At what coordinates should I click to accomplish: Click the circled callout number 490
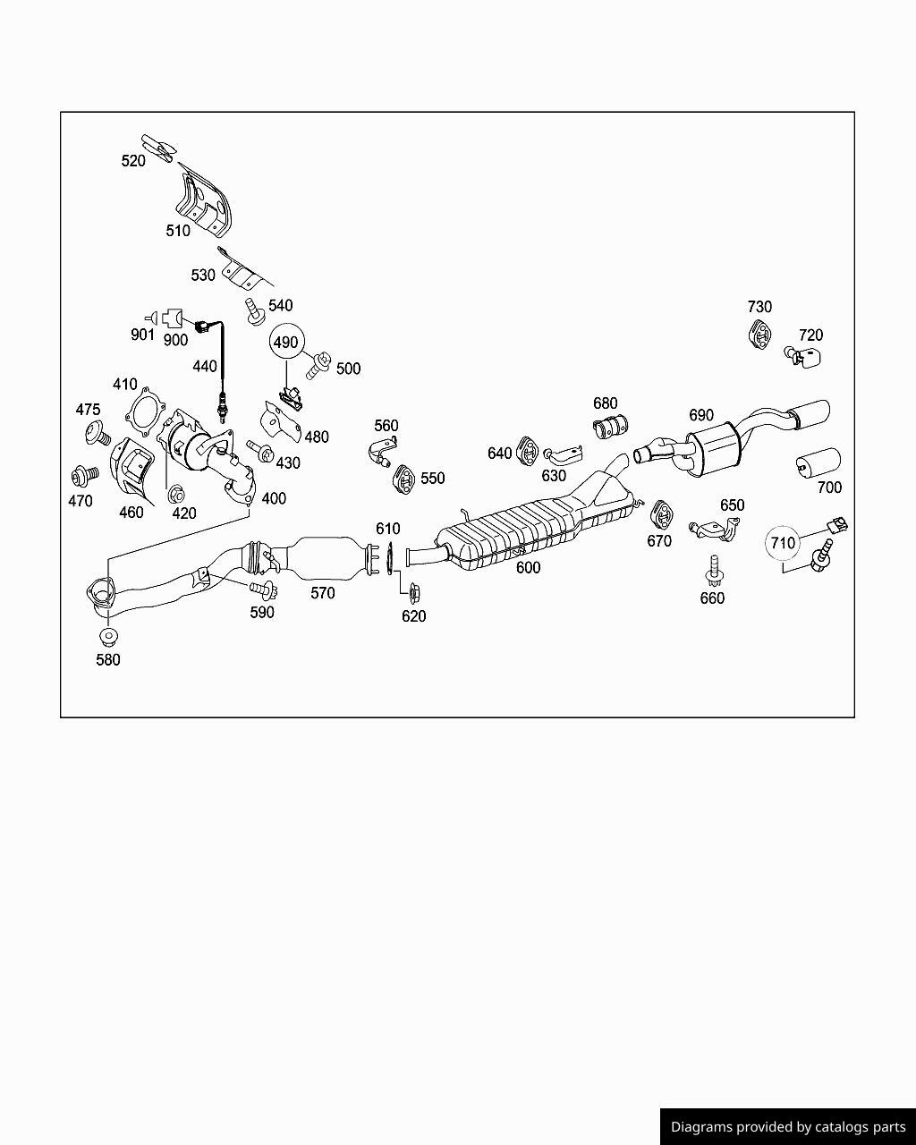click(x=286, y=342)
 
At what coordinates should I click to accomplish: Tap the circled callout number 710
click(x=783, y=543)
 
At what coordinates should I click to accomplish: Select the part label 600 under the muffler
click(x=528, y=568)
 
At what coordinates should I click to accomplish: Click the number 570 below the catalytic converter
click(x=323, y=593)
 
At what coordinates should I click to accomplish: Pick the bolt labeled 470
click(x=85, y=475)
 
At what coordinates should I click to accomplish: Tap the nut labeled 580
click(x=108, y=636)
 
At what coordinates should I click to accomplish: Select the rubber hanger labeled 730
click(x=759, y=335)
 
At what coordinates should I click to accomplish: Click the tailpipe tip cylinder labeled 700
click(x=818, y=462)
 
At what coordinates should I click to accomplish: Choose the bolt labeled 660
click(x=713, y=571)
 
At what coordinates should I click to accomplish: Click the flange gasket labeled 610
click(x=390, y=558)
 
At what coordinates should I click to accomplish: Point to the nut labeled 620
click(x=413, y=591)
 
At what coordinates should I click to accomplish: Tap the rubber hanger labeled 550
click(x=404, y=479)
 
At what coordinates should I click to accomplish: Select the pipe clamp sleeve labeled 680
click(x=610, y=426)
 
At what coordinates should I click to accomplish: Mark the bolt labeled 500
click(x=318, y=366)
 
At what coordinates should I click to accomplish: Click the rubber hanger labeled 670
click(x=662, y=515)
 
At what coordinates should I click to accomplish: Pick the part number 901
click(x=142, y=335)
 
